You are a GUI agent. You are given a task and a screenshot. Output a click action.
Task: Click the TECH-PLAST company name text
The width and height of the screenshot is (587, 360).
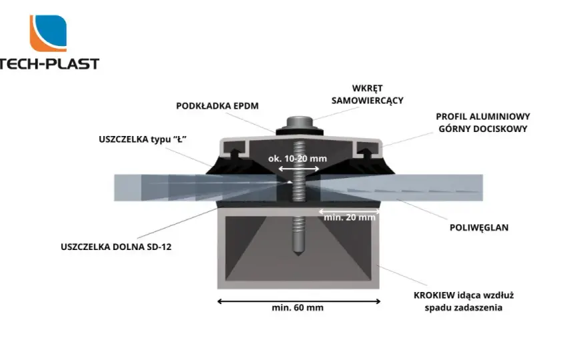(49, 63)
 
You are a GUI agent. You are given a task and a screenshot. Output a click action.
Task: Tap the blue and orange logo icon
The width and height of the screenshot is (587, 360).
(48, 33)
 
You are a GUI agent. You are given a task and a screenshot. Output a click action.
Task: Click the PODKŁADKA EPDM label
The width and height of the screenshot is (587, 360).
(217, 106)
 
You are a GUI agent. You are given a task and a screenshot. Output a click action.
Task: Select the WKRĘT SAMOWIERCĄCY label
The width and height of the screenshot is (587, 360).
(368, 94)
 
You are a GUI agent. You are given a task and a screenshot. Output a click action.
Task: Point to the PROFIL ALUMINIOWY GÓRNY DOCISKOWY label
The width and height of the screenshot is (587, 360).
(483, 123)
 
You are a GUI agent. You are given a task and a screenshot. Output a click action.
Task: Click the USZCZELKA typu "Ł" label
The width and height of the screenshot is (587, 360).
(143, 139)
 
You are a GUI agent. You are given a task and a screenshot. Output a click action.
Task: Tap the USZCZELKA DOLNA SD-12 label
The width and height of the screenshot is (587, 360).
(116, 247)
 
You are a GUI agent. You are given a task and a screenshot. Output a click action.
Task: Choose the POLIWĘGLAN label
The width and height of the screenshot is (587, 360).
(479, 227)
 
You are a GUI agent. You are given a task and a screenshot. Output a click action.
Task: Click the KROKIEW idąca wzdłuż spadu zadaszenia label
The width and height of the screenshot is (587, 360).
(464, 301)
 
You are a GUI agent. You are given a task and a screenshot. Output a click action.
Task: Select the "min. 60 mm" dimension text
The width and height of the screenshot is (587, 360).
(298, 307)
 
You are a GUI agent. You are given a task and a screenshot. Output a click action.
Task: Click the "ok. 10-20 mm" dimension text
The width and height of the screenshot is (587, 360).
(298, 158)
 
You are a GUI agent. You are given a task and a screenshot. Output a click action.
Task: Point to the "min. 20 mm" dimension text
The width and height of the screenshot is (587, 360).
(350, 217)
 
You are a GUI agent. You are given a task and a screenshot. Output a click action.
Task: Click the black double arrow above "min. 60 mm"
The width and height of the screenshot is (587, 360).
(299, 301)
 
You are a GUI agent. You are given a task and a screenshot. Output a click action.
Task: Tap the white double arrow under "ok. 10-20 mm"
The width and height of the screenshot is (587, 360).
(299, 169)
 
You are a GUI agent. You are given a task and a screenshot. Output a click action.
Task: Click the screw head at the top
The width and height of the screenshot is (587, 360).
(300, 123)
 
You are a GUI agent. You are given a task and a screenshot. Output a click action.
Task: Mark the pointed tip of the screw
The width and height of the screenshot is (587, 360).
(298, 255)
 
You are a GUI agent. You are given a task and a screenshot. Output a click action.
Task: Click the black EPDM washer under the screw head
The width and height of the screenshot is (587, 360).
(300, 131)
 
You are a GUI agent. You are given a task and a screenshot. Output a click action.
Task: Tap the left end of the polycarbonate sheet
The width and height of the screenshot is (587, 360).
(115, 188)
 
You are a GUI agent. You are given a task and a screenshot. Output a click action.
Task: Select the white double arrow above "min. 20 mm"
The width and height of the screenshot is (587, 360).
(350, 212)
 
